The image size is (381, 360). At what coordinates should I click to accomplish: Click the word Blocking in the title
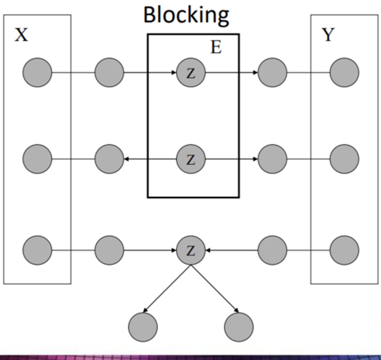[x=186, y=15]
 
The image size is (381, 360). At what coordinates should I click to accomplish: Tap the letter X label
[x=21, y=35]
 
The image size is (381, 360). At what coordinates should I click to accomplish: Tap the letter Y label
[x=328, y=35]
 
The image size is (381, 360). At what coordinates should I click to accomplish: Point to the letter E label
[x=216, y=47]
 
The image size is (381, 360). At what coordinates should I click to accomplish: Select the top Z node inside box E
[x=191, y=73]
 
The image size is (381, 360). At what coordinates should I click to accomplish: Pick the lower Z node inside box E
[x=191, y=159]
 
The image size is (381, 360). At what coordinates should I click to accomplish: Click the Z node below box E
[x=191, y=250]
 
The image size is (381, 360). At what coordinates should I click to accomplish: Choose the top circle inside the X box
[x=37, y=73]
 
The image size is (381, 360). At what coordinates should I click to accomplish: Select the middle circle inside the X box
[x=37, y=159]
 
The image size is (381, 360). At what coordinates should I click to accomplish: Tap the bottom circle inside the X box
[x=37, y=250]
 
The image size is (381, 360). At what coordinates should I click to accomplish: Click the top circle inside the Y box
[x=344, y=73]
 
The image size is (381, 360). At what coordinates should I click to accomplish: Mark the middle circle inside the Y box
[x=344, y=159]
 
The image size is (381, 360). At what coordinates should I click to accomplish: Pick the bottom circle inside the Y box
[x=344, y=250]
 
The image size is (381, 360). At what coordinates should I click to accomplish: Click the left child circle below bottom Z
[x=143, y=327]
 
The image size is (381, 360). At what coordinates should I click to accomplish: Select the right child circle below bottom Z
[x=239, y=327]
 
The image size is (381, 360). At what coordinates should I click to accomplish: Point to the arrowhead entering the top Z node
[x=174, y=73]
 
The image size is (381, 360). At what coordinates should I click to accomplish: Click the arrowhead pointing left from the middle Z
[x=126, y=159]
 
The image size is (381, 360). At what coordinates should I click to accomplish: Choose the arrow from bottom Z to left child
[x=167, y=288]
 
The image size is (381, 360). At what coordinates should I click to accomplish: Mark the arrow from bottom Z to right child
[x=215, y=288]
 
